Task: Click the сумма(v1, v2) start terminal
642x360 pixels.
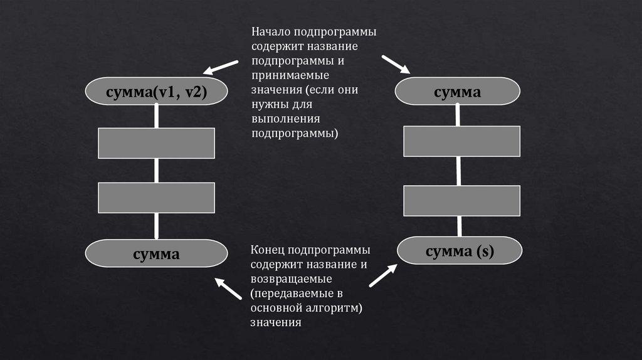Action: point(156,92)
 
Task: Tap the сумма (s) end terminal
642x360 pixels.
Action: point(460,251)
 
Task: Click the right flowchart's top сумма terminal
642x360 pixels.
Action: point(457,91)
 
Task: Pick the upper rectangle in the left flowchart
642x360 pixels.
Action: point(156,142)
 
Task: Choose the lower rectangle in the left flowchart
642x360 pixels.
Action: point(156,198)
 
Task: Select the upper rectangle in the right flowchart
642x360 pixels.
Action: point(461,141)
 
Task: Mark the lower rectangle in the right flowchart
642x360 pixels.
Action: point(461,201)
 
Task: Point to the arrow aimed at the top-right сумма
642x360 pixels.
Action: point(396,64)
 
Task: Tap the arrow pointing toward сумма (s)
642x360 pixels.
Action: point(383,275)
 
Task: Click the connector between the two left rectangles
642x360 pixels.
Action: point(156,170)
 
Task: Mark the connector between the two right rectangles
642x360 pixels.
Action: point(459,171)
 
